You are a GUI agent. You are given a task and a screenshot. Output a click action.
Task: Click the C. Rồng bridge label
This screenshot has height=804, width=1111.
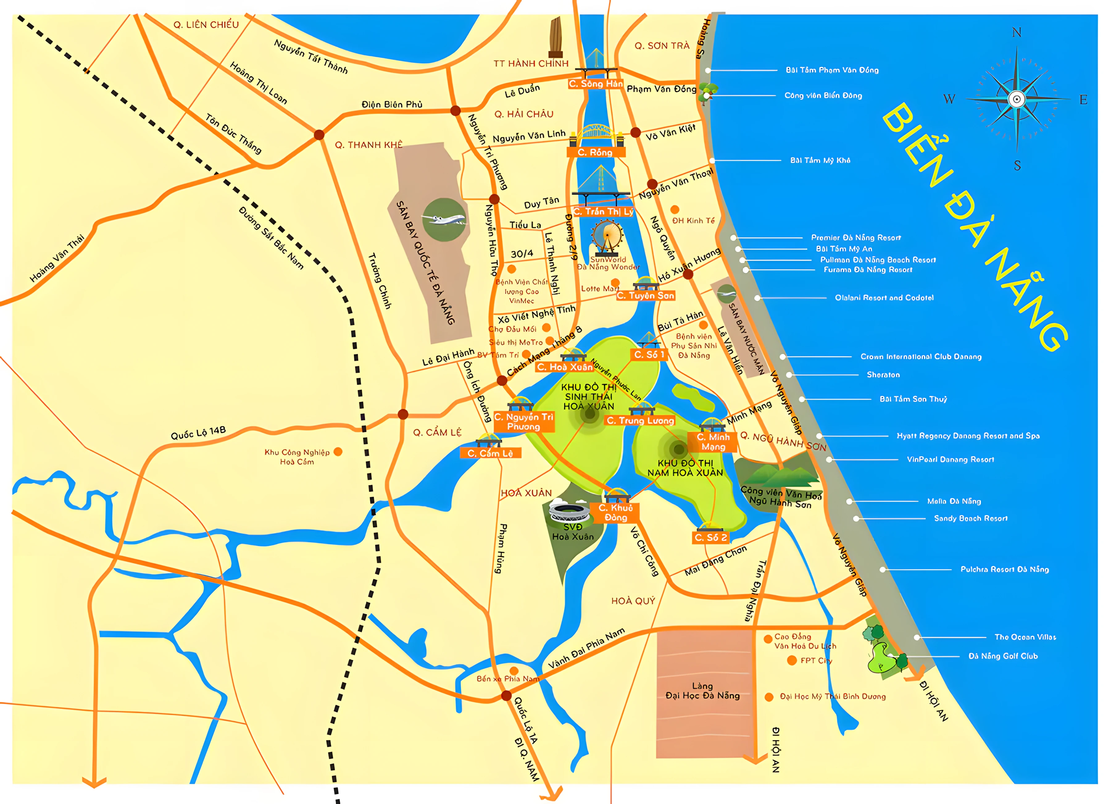[x=595, y=153]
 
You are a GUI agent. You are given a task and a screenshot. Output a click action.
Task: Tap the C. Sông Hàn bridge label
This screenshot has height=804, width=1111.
[x=596, y=84]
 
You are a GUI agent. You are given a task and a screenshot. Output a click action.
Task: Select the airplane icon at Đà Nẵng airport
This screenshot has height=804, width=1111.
[x=444, y=220]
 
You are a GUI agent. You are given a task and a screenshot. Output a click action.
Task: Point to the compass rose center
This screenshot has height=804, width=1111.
[x=1017, y=99]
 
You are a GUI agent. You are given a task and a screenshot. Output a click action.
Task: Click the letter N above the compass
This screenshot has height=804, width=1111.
[x=1017, y=33]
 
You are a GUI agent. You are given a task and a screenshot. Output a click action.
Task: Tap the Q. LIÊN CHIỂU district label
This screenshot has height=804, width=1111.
[x=206, y=24]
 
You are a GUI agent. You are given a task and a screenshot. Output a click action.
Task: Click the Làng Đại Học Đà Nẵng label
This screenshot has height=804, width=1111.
[x=702, y=691]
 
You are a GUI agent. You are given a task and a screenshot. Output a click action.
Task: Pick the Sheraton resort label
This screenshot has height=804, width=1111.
[x=883, y=375]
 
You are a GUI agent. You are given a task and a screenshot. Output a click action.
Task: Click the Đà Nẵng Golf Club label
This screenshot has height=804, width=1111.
[x=1003, y=656]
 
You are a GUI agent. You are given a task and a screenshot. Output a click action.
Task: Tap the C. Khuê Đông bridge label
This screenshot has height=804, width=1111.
[x=615, y=513]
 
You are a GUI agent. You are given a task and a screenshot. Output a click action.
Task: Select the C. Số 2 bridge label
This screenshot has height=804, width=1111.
[x=711, y=538]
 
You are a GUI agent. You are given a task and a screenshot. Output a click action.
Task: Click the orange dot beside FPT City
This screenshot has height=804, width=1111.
[x=792, y=660]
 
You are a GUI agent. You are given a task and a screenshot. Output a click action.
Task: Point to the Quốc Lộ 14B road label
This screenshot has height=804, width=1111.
[x=198, y=433]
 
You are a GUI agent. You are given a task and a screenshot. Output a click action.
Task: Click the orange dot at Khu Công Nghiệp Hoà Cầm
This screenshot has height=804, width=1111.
[x=338, y=452]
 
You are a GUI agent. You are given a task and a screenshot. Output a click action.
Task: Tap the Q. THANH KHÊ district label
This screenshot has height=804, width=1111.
[x=368, y=145]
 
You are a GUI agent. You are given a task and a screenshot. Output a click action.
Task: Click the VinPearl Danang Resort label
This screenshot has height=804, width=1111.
[x=950, y=459]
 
